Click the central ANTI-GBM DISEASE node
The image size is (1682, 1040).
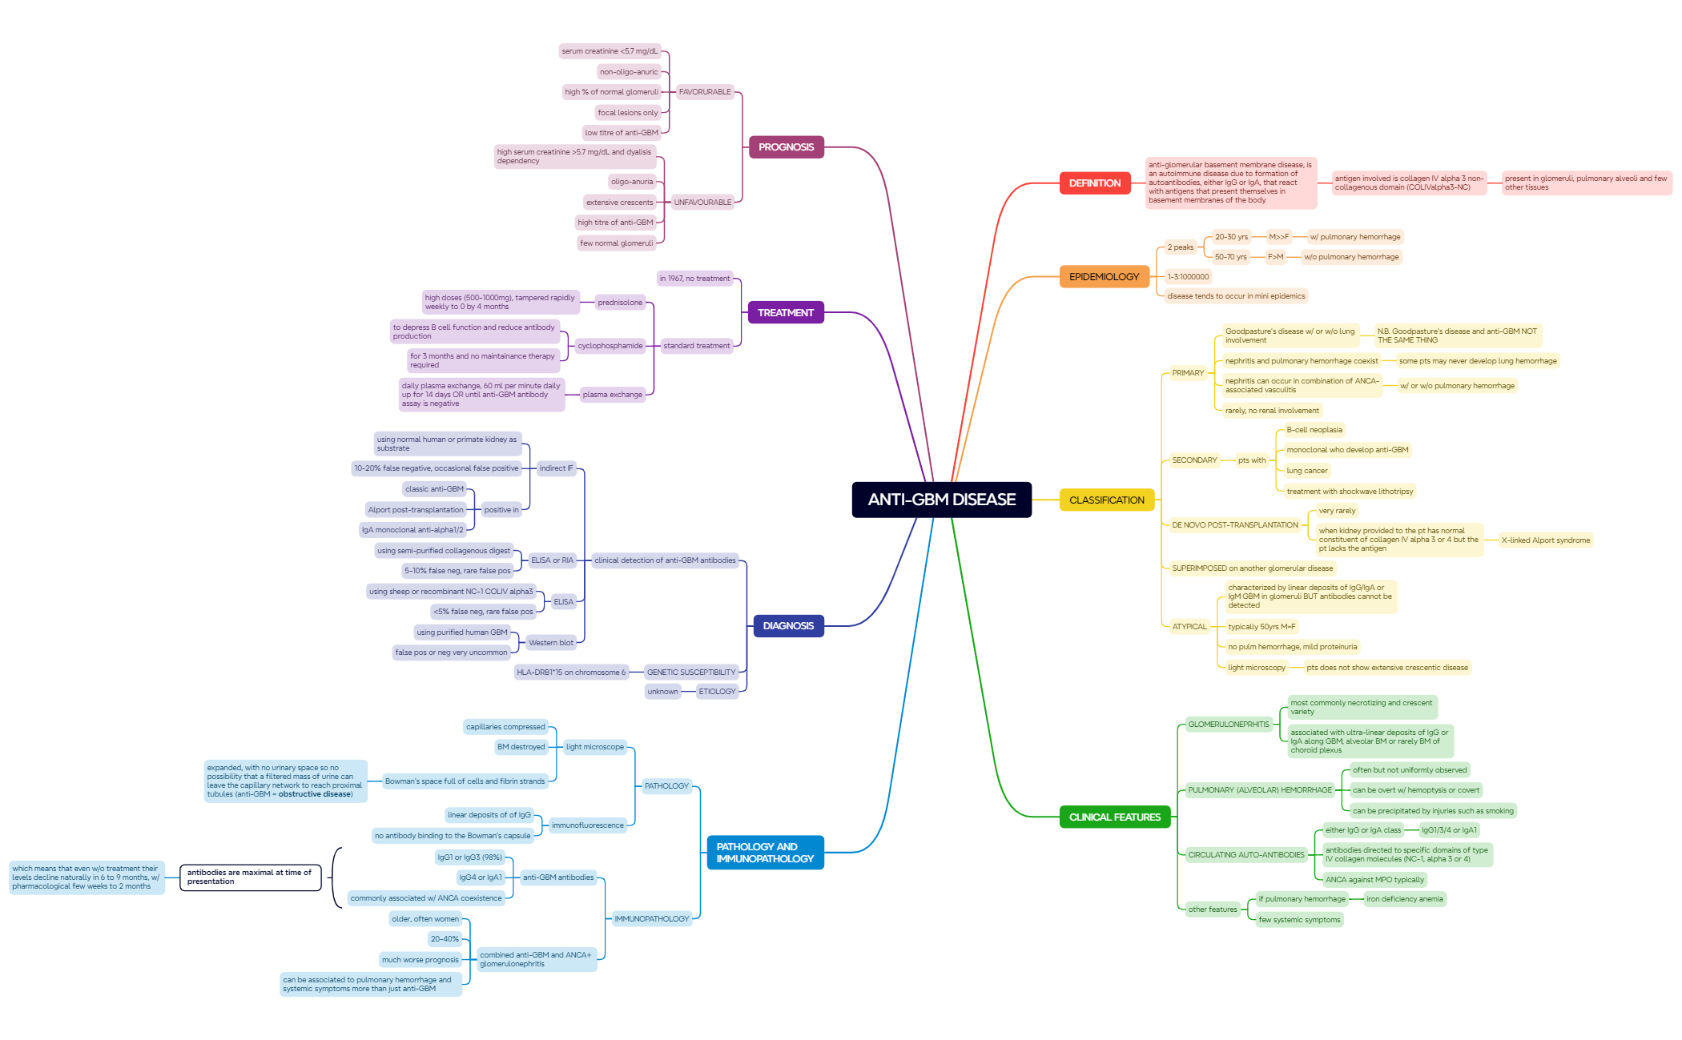[x=942, y=500]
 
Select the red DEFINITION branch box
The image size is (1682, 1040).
[x=1095, y=183]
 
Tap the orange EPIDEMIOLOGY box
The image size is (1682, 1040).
[x=1104, y=277]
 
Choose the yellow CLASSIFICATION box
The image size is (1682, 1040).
[x=1107, y=500]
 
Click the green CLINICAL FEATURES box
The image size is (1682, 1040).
[x=1115, y=817]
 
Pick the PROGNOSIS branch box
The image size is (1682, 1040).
[x=786, y=147]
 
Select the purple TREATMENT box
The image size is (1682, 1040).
[x=786, y=313]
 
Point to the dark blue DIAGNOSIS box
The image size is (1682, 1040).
[x=788, y=626]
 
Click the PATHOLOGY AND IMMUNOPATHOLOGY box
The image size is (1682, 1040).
[x=765, y=853]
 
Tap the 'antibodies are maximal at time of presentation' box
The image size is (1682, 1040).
[x=251, y=877]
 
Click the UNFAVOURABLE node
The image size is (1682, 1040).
[x=702, y=203]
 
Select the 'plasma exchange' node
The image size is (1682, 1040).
[x=613, y=395]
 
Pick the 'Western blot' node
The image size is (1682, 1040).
[x=551, y=643]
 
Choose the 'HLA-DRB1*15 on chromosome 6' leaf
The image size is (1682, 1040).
[x=571, y=673]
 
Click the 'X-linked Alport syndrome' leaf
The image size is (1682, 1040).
[x=1546, y=540]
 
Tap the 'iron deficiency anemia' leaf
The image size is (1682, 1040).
[x=1405, y=899]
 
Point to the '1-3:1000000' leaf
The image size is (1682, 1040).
[x=1188, y=277]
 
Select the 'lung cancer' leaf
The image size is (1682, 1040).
[x=1307, y=471]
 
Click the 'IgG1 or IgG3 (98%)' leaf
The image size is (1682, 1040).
[x=469, y=857]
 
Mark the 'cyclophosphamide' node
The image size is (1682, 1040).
[x=610, y=346]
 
